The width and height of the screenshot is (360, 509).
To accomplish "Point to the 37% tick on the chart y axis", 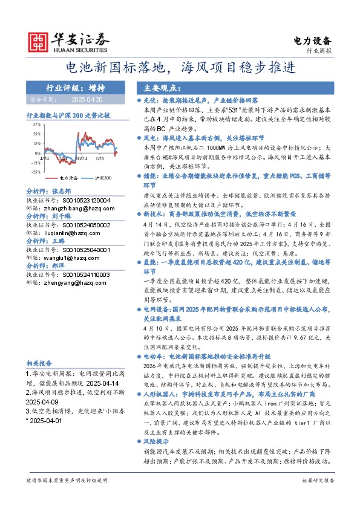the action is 36,123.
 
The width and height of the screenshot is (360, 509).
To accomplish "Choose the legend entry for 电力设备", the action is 64,179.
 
